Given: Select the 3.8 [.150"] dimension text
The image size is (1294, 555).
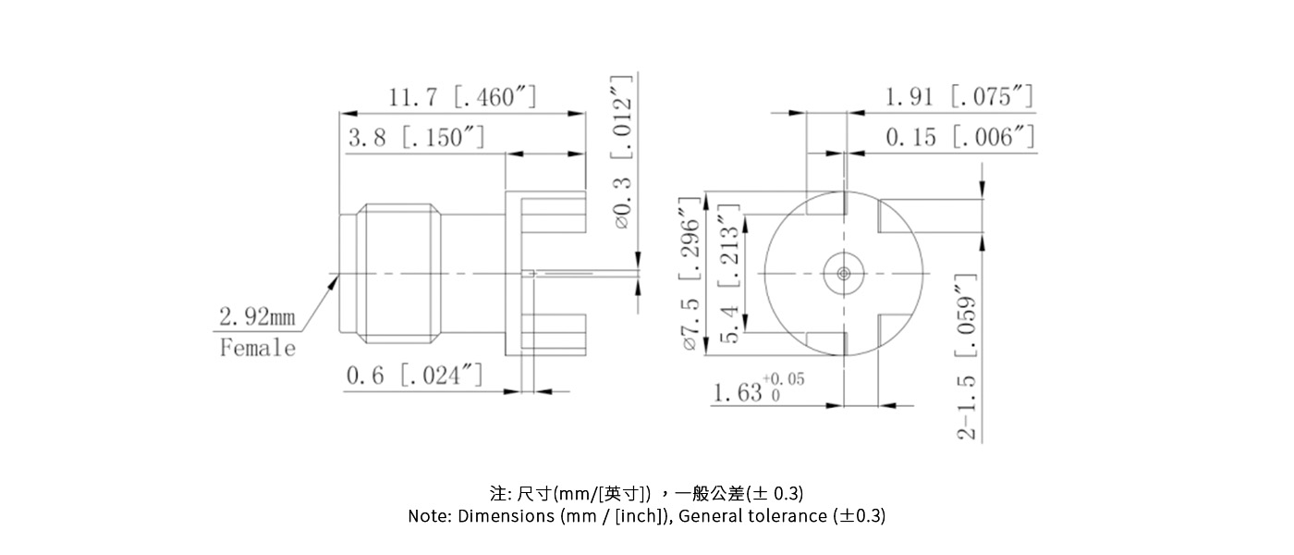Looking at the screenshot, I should [416, 138].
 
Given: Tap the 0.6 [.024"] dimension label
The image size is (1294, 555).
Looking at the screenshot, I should [414, 376].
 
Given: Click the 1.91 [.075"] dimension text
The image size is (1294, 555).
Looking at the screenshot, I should [959, 97].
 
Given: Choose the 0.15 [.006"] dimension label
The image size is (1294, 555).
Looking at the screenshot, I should [959, 138].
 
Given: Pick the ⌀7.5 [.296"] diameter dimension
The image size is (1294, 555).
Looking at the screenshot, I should [689, 274].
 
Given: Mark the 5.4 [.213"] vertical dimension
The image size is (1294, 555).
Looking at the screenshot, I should [730, 274].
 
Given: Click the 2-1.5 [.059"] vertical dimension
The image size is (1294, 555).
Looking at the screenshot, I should [967, 357].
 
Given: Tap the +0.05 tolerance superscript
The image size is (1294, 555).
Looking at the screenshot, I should [783, 379].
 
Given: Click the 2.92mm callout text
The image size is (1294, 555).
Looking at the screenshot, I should [257, 317].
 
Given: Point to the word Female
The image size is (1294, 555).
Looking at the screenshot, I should [258, 349].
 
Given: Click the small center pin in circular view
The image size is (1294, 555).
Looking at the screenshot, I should [843, 273].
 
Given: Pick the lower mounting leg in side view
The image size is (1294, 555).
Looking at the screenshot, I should [554, 334].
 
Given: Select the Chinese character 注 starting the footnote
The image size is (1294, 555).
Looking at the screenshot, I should [496, 492].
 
